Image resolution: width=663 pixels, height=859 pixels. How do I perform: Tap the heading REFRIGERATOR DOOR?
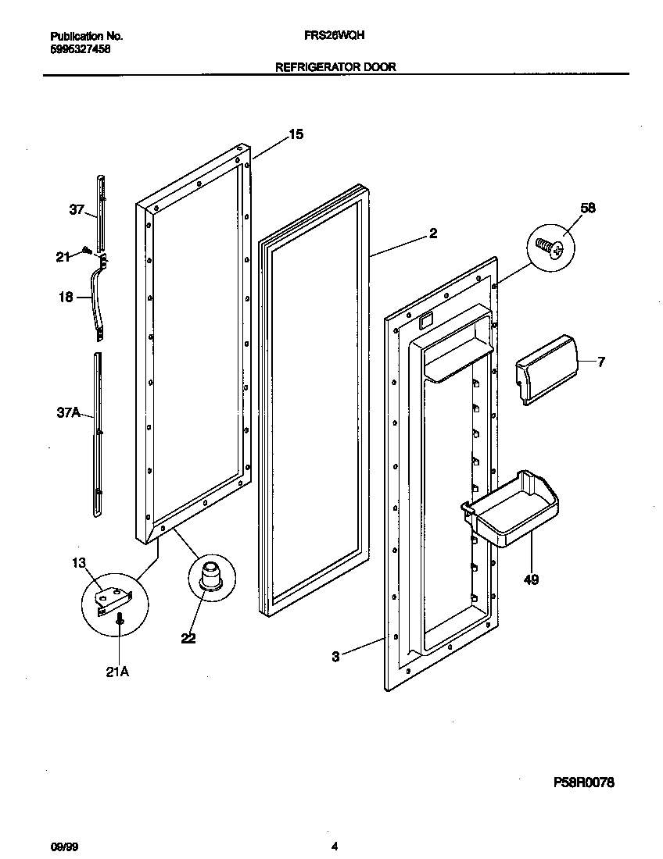coord(335,67)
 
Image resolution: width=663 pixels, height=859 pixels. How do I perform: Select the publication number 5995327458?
coord(80,48)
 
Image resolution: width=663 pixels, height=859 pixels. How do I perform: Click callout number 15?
coord(296,134)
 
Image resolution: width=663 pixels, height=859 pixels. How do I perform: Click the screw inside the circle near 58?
coord(550,248)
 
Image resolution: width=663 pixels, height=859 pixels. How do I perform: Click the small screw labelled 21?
coord(88,251)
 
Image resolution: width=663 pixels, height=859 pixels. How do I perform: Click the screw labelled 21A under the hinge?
coord(119,620)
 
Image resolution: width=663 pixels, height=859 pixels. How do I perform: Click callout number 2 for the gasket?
coord(433,233)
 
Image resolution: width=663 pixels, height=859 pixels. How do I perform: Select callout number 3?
coord(335,657)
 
